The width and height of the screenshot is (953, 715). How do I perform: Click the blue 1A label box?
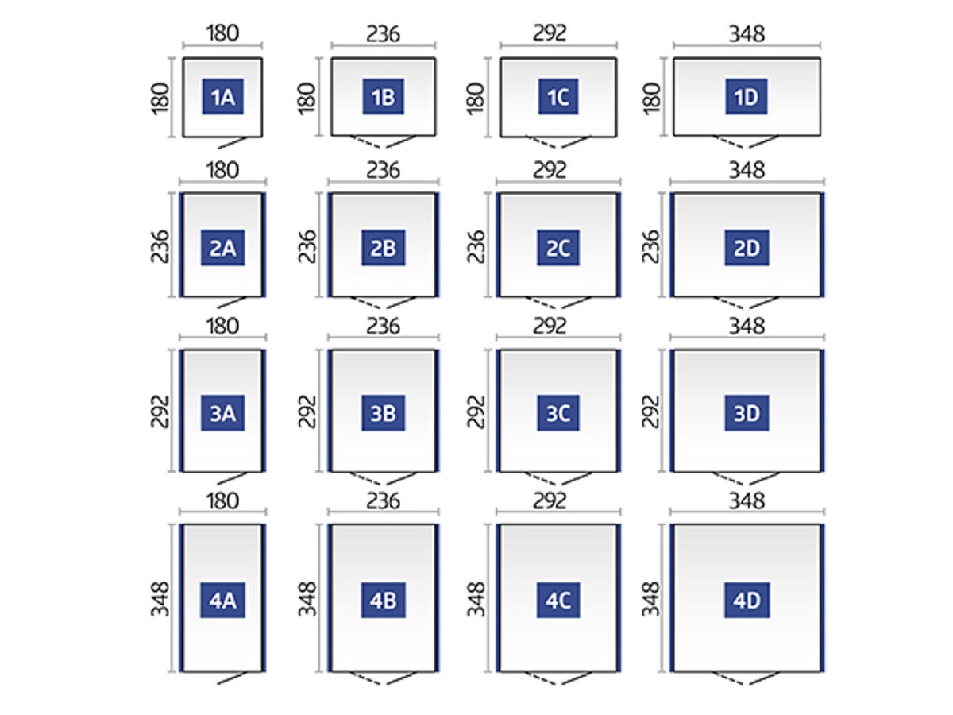click(x=222, y=97)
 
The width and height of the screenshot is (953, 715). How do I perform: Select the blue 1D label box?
click(x=747, y=97)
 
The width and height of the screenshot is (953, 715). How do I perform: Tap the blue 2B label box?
click(x=384, y=249)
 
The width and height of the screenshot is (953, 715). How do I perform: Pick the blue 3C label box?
click(x=558, y=414)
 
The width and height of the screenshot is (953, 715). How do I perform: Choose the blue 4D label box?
click(x=747, y=601)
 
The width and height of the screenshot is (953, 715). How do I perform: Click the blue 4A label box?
click(x=222, y=601)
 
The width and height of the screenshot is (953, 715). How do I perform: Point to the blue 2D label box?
click(x=747, y=249)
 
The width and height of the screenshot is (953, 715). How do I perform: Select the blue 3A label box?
click(x=222, y=414)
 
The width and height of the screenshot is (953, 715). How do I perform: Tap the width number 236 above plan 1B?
click(x=384, y=35)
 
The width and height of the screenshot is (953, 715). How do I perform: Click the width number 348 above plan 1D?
click(x=747, y=35)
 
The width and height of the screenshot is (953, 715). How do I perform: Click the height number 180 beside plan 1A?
click(x=161, y=97)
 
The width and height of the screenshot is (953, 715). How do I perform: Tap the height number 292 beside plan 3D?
click(x=651, y=411)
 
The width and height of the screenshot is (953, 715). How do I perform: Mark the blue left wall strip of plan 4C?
click(x=498, y=598)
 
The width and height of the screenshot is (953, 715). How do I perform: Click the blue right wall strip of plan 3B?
click(x=437, y=411)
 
